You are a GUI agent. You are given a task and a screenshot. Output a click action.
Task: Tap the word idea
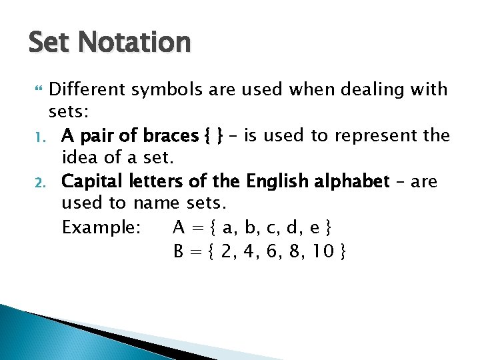pyautogui.click(x=80, y=159)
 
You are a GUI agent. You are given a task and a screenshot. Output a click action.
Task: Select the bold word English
pyautogui.click(x=279, y=181)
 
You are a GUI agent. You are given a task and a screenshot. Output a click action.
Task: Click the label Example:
pyautogui.click(x=101, y=227)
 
